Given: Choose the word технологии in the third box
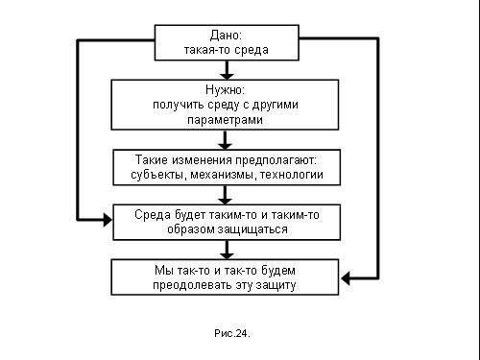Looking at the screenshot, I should pyautogui.click(x=298, y=175).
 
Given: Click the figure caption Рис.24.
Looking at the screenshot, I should pyautogui.click(x=231, y=333).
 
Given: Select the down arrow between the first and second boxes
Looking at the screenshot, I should pyautogui.click(x=227, y=71).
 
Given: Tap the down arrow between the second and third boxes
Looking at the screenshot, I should pyautogui.click(x=227, y=142).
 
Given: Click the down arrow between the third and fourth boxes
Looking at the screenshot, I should pyautogui.click(x=227, y=196).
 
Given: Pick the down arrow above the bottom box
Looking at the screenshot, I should pyautogui.click(x=227, y=251).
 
